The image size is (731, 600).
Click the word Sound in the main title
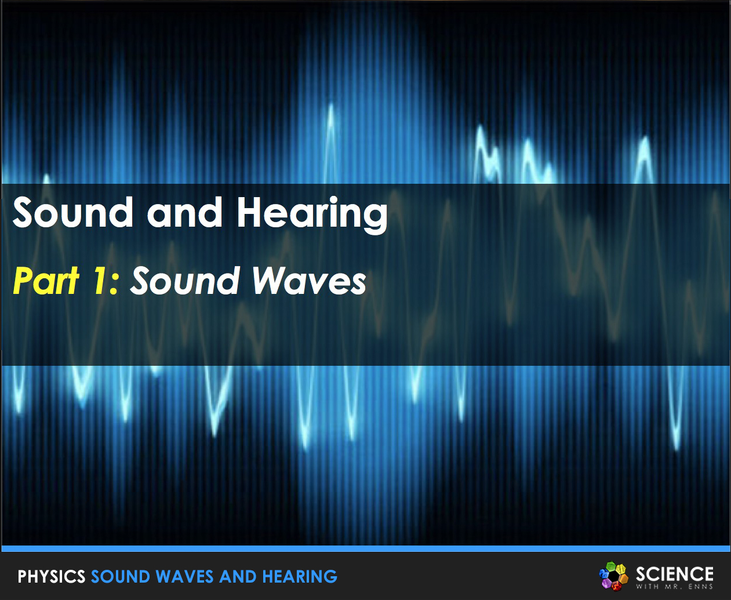click(x=73, y=212)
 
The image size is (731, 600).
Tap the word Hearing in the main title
click(x=312, y=213)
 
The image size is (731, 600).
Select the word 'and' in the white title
click(x=184, y=212)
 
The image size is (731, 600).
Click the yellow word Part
click(x=46, y=281)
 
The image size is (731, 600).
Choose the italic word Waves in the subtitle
click(x=308, y=281)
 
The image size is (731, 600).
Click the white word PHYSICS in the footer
click(x=52, y=577)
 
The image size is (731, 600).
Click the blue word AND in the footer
click(x=238, y=577)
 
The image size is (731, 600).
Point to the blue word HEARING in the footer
click(x=300, y=577)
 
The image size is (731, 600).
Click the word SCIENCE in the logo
click(x=674, y=574)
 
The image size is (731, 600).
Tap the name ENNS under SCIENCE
click(x=700, y=587)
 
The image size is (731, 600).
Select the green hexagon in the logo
click(x=610, y=566)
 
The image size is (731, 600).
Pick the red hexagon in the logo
click(x=616, y=586)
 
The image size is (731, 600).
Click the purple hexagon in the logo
click(x=606, y=583)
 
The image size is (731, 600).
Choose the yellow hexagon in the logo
click(x=620, y=569)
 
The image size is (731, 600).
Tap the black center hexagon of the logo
click(x=613, y=576)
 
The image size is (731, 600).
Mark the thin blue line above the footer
click(x=365, y=548)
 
